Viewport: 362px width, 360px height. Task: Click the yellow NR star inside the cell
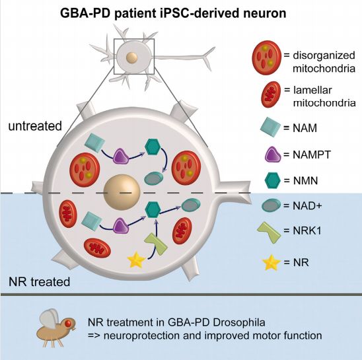pyautogui.click(x=137, y=260)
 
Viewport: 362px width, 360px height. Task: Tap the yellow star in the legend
pyautogui.click(x=271, y=262)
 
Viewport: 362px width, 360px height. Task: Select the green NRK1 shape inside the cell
pyautogui.click(x=156, y=244)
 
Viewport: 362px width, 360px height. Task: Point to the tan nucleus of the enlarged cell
pyautogui.click(x=122, y=192)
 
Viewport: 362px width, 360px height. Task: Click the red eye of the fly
pyautogui.click(x=67, y=324)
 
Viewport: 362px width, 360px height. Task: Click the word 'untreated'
pyautogui.click(x=35, y=126)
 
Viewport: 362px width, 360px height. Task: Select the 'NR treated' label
pyautogui.click(x=39, y=282)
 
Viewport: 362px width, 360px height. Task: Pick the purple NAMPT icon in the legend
pyautogui.click(x=273, y=155)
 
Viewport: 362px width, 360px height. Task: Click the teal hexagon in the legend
pyautogui.click(x=272, y=180)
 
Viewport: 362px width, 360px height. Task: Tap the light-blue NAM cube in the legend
pyautogui.click(x=270, y=127)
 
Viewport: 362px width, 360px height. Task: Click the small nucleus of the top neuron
pyautogui.click(x=132, y=57)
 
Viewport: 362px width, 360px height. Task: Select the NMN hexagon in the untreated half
pyautogui.click(x=153, y=147)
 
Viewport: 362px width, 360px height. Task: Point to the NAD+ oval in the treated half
pyautogui.click(x=191, y=205)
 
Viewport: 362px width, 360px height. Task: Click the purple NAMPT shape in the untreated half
pyautogui.click(x=121, y=157)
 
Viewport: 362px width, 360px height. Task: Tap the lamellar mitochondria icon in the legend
pyautogui.click(x=271, y=94)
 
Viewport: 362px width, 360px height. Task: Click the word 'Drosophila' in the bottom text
pyautogui.click(x=239, y=322)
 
